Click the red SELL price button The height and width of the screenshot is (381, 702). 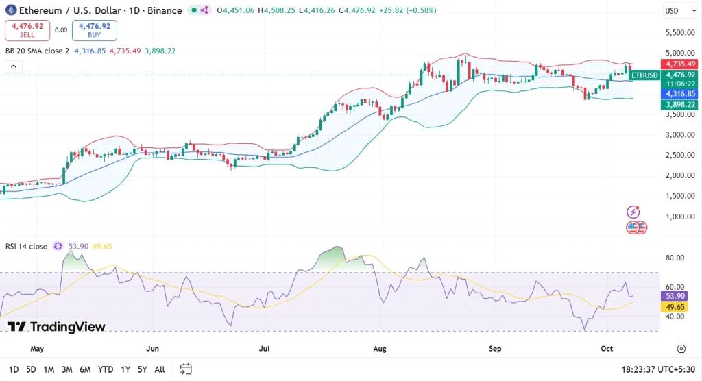(27, 30)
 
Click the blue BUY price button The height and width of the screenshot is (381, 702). (94, 30)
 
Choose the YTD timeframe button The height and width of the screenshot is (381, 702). (105, 369)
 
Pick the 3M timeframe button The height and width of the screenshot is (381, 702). (67, 369)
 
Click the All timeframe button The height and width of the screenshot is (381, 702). (160, 369)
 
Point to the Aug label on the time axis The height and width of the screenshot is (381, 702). (380, 349)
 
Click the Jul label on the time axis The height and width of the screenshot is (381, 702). (265, 349)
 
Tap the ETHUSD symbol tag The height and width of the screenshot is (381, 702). (644, 75)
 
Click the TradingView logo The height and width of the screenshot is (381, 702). (56, 327)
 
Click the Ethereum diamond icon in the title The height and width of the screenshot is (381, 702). (10, 10)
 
